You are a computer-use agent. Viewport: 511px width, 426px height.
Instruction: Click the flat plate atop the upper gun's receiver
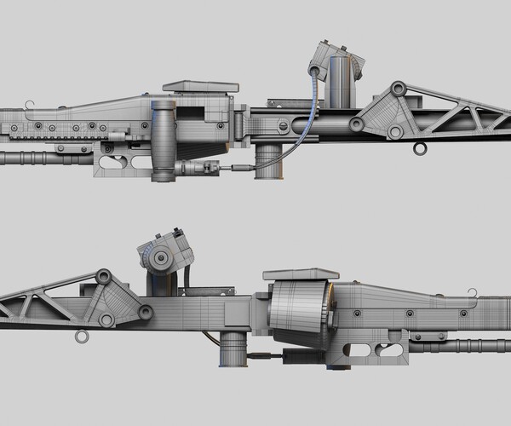200,86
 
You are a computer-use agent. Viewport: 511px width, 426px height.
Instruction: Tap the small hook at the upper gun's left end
30,106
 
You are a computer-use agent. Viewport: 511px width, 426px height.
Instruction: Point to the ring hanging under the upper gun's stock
420,150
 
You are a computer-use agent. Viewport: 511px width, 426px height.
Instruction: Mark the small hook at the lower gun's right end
471,294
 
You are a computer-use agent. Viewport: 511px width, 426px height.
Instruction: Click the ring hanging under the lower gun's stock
82,337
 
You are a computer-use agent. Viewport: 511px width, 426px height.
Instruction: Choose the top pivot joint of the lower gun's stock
105,276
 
